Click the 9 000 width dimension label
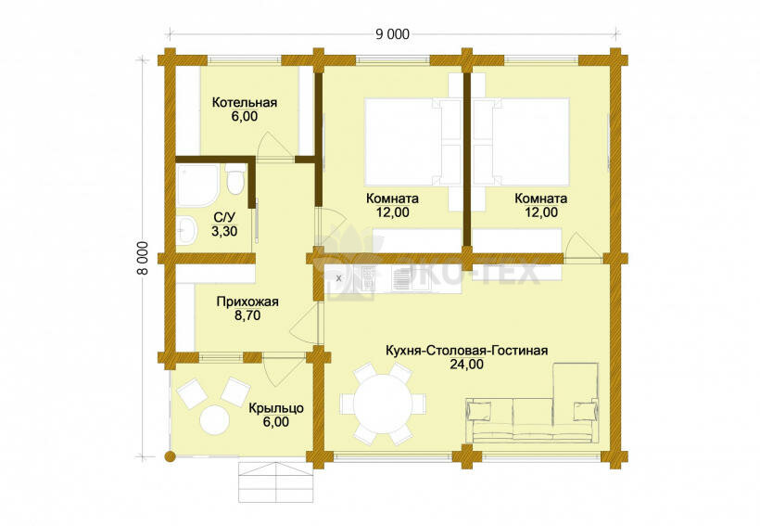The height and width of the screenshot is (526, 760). [392, 34]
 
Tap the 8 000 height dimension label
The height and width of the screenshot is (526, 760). [143, 258]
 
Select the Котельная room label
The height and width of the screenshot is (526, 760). [245, 103]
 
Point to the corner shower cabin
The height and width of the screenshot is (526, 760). [197, 186]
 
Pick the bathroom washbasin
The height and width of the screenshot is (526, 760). [186, 229]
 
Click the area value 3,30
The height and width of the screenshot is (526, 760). [224, 232]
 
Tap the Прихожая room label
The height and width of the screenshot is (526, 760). [247, 301]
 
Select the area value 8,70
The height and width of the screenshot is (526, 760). [247, 315]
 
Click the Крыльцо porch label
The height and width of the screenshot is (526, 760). [276, 408]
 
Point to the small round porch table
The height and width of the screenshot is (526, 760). [214, 418]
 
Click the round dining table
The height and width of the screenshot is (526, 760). [383, 404]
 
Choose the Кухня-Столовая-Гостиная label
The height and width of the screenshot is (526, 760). [467, 351]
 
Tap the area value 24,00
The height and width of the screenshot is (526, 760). [467, 364]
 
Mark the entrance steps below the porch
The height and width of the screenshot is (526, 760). [275, 482]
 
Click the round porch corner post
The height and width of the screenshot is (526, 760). [170, 456]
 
